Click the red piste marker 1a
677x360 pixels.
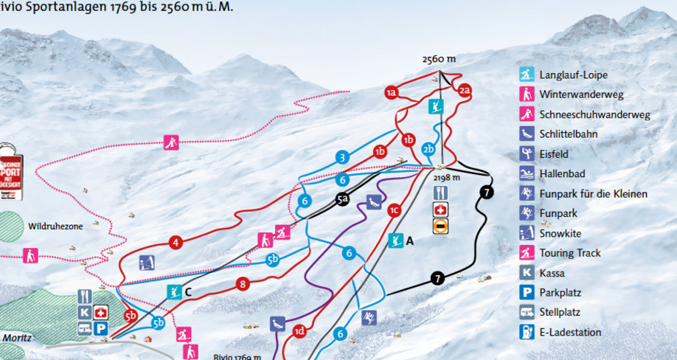(x=392, y=92)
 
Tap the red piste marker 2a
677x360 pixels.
(x=464, y=91)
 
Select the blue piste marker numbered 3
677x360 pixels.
(x=341, y=157)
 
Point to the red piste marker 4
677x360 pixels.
(x=176, y=242)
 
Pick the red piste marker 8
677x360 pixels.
(x=243, y=283)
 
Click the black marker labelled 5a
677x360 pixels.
(x=341, y=199)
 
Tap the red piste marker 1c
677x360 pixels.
(x=395, y=211)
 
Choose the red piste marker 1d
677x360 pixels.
(x=299, y=330)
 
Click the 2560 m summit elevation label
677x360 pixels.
(x=439, y=60)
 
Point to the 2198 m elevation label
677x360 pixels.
(x=447, y=178)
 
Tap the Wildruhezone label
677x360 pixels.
(x=56, y=226)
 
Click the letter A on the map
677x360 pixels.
(x=411, y=240)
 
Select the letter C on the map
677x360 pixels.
(x=189, y=291)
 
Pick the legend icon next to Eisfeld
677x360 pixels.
(x=527, y=154)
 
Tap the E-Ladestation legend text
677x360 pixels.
(x=570, y=333)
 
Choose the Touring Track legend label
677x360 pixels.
(x=570, y=253)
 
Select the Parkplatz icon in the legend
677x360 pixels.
(x=527, y=293)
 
